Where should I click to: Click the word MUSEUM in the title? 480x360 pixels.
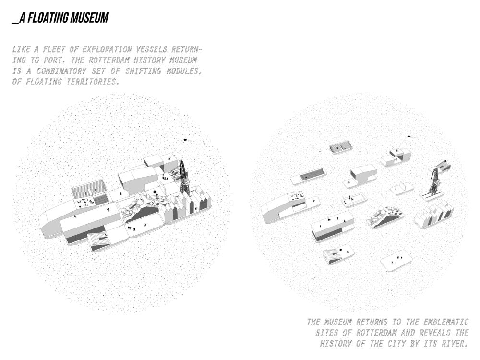[x=89, y=18]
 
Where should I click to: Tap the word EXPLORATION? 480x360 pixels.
[x=107, y=49]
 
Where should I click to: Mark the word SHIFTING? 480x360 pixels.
[x=143, y=71]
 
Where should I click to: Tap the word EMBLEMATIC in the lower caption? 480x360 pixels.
[x=446, y=322]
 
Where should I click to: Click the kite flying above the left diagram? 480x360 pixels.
[x=186, y=140]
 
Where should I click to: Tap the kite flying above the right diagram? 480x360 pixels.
[x=409, y=136]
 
